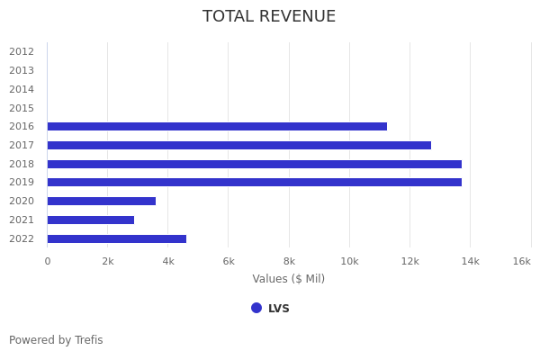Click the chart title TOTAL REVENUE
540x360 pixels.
click(x=269, y=17)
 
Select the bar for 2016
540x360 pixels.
click(x=217, y=127)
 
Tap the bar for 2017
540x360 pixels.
click(x=238, y=145)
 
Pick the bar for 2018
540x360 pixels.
click(x=254, y=164)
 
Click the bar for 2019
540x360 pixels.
click(x=254, y=183)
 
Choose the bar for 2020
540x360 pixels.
click(x=101, y=202)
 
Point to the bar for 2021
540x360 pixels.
click(x=90, y=220)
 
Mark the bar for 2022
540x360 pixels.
click(x=116, y=238)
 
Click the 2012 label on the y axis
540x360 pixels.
click(x=22, y=51)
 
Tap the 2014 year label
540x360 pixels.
click(x=22, y=89)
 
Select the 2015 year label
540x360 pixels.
click(x=22, y=108)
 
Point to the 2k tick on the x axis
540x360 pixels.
click(x=107, y=261)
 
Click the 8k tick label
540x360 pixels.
click(x=289, y=261)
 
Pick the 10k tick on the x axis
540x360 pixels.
click(x=349, y=261)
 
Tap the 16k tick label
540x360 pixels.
click(x=521, y=261)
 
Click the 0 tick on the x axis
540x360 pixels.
click(x=48, y=261)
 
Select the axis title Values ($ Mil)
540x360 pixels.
click(x=288, y=279)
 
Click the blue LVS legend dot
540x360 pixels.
click(x=256, y=308)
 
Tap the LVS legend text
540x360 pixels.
click(x=279, y=309)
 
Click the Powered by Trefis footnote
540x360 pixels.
click(x=56, y=340)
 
